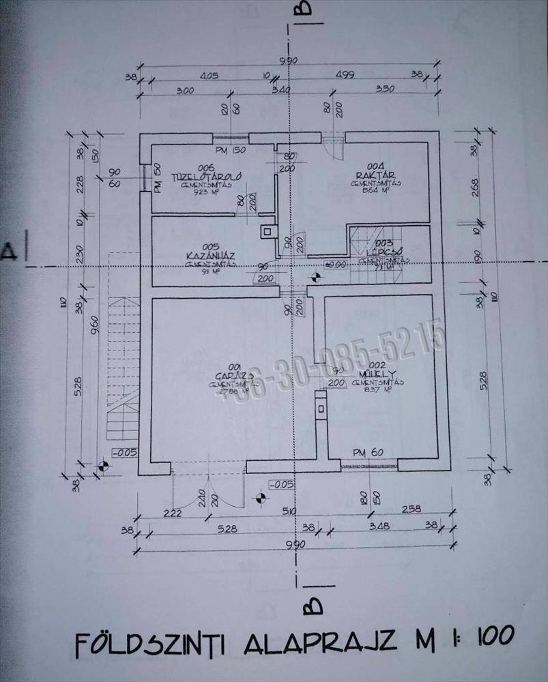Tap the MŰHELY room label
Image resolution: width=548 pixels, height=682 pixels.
(x=384, y=374)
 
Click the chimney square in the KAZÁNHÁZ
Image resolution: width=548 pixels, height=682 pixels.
(x=268, y=231)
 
